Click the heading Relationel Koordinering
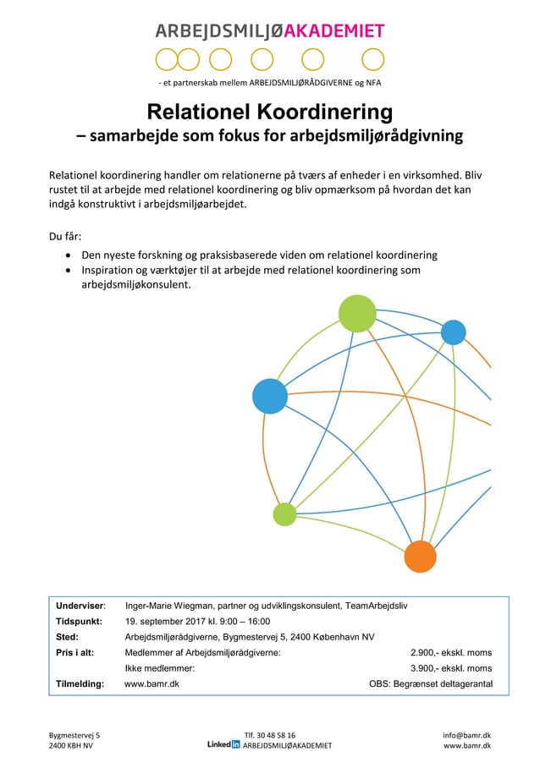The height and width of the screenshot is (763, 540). (x=269, y=113)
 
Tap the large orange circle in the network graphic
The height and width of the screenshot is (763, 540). (x=419, y=556)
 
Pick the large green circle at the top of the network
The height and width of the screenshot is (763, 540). (x=357, y=313)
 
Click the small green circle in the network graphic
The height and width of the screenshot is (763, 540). (x=284, y=513)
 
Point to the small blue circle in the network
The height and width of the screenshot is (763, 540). (x=454, y=332)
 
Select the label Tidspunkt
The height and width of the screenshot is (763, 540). (x=80, y=621)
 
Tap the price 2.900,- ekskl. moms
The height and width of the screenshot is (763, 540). (x=450, y=652)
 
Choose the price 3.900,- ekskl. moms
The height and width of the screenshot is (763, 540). (x=450, y=667)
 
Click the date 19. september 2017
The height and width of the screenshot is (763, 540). (x=166, y=621)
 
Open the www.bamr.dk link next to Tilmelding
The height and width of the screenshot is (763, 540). (x=152, y=683)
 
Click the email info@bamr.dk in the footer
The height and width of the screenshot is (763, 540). (x=467, y=735)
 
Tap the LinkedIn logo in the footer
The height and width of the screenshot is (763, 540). (x=223, y=745)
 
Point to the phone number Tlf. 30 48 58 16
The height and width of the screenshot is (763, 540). (x=269, y=735)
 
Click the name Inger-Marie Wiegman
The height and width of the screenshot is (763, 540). (x=168, y=606)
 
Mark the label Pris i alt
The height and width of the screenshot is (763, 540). (x=74, y=652)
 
